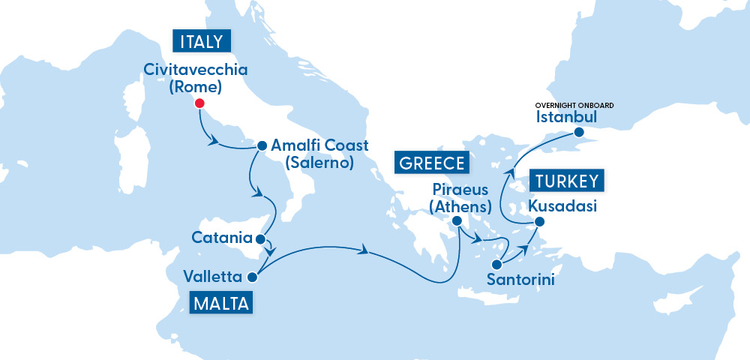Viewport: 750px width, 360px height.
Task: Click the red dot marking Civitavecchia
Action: tap(199, 103)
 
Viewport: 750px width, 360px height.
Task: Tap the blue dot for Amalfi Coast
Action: tap(262, 146)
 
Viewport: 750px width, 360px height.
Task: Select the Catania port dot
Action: tap(259, 240)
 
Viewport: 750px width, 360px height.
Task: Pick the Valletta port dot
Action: tap(252, 277)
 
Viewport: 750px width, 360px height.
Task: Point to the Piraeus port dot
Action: tap(456, 220)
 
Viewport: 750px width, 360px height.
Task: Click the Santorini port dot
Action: tap(496, 264)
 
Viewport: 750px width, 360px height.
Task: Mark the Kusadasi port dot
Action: tap(538, 221)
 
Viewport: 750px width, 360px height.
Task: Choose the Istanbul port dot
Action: tap(579, 133)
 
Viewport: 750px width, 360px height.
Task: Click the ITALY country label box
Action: tap(201, 41)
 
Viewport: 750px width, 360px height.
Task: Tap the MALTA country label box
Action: tap(221, 304)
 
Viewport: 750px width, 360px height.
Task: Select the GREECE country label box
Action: tap(433, 163)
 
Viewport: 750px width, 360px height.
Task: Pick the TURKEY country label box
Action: tap(567, 181)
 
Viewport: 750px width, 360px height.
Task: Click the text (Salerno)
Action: tap(313, 162)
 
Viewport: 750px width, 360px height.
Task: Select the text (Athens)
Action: tap(458, 204)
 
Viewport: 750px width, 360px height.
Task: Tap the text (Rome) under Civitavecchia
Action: tap(195, 87)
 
